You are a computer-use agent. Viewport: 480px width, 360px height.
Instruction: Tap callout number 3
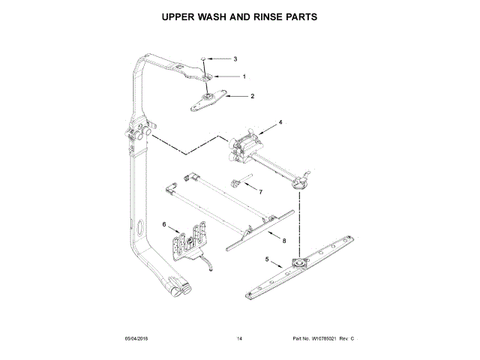tap(235, 58)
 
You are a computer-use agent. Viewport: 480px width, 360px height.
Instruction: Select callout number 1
tap(244, 76)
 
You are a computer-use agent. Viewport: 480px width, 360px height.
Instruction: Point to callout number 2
tap(252, 96)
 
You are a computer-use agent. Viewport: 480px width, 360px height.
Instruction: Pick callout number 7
tap(260, 192)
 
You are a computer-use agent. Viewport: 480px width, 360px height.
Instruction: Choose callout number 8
tap(284, 241)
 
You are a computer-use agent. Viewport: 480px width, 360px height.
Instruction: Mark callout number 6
tap(164, 224)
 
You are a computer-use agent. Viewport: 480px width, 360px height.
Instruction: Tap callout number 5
tap(266, 259)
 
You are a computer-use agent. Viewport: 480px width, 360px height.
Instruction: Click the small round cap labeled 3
tap(204, 58)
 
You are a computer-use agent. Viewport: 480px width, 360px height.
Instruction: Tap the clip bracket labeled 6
tap(188, 241)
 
